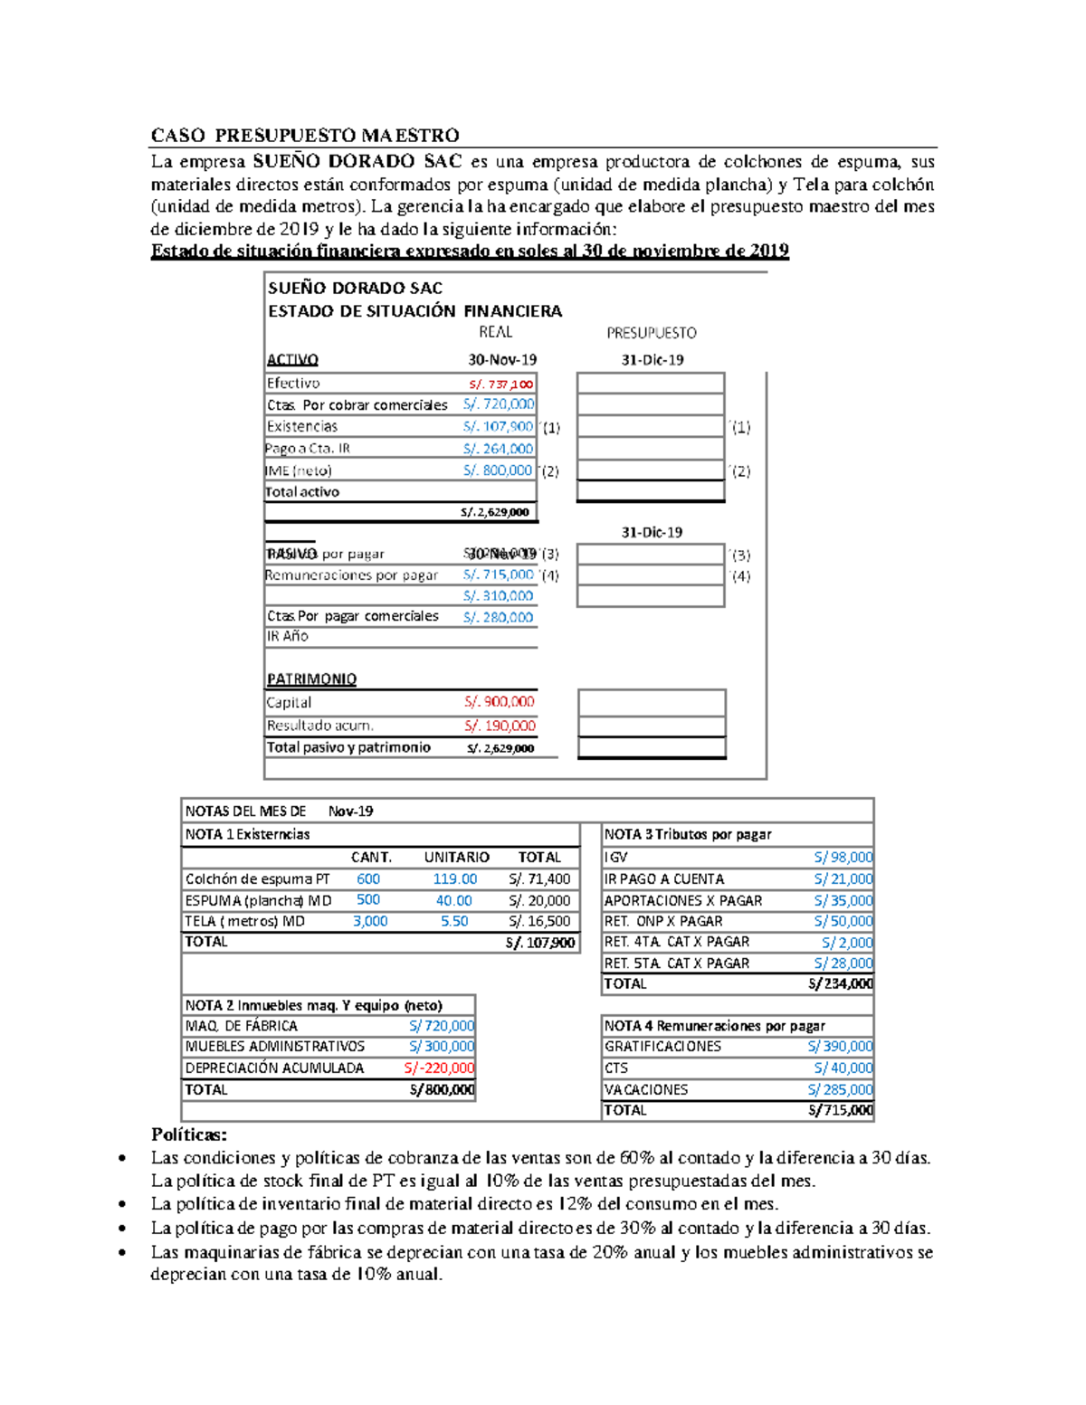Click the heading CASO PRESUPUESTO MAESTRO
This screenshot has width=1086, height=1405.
point(305,136)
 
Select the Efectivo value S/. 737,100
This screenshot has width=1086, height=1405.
point(500,384)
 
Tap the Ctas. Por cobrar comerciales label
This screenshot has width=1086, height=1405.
point(357,404)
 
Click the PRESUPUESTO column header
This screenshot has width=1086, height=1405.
point(652,333)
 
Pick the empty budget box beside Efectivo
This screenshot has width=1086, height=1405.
point(651,383)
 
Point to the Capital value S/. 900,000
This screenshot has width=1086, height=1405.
point(500,702)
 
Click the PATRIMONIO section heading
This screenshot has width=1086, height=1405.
point(311,679)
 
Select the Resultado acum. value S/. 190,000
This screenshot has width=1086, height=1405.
point(500,726)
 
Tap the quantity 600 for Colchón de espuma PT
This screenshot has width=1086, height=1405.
point(368,878)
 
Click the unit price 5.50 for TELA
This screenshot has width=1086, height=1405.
point(454,921)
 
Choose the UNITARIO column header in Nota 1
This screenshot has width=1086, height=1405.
point(456,857)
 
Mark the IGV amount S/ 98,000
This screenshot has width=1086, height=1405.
point(843,857)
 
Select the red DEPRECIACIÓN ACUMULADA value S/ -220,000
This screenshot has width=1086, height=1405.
point(439,1068)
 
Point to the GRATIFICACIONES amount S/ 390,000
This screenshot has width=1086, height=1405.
point(840,1046)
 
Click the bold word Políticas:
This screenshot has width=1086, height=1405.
point(189,1134)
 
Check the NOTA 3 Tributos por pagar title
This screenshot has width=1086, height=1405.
point(688,834)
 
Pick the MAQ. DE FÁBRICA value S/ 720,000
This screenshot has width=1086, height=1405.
point(441,1026)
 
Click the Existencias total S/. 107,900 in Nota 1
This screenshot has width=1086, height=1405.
point(540,943)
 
